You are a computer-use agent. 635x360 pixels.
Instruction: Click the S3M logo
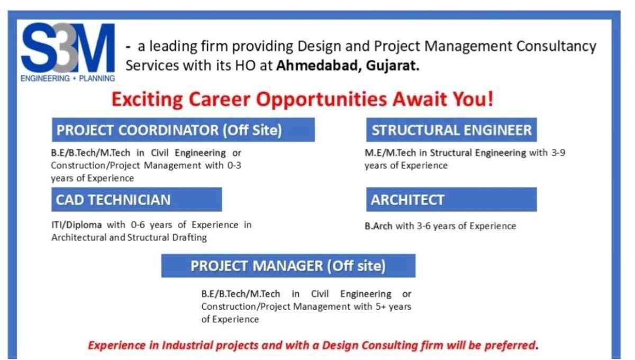68,52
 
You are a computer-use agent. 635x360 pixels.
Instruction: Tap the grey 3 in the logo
66,48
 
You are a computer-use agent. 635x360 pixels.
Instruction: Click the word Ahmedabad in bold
319,66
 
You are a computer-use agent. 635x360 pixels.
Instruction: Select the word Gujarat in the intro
392,66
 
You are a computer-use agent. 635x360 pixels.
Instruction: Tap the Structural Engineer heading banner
451,130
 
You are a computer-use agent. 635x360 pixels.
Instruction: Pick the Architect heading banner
451,200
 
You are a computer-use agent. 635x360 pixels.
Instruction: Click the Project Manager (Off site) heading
288,266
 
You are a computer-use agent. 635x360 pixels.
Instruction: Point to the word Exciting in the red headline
147,99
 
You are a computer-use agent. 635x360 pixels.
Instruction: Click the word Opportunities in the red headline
322,100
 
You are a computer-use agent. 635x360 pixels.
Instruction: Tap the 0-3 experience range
234,165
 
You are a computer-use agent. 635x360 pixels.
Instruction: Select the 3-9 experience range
558,152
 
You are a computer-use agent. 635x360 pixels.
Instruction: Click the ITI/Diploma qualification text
77,225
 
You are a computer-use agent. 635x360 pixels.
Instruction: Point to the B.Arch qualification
378,226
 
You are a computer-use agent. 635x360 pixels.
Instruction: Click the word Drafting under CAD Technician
189,238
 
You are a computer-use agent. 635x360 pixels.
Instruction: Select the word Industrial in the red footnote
187,345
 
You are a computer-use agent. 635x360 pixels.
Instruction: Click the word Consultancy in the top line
556,47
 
